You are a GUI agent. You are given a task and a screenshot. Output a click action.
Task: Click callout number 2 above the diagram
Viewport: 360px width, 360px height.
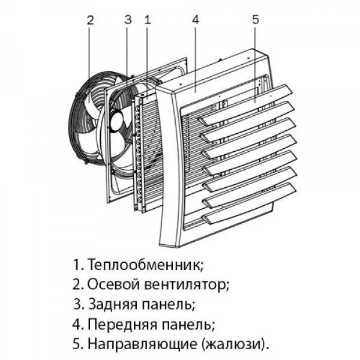pos(90,19)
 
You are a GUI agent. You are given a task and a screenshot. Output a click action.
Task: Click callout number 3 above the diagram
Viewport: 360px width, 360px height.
pos(128,19)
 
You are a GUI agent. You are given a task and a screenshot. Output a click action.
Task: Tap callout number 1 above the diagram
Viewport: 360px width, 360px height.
pos(147,19)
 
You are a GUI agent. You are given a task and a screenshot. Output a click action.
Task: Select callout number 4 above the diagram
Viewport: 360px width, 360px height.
pos(196,19)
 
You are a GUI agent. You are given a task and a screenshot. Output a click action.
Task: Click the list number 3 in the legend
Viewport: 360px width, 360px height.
pos(76,304)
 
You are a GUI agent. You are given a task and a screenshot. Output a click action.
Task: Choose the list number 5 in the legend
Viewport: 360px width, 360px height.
pos(76,344)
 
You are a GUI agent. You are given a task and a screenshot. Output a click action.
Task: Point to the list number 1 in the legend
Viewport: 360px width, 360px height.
pos(76,264)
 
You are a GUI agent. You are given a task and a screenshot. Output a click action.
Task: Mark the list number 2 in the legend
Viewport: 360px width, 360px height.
pos(76,284)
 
